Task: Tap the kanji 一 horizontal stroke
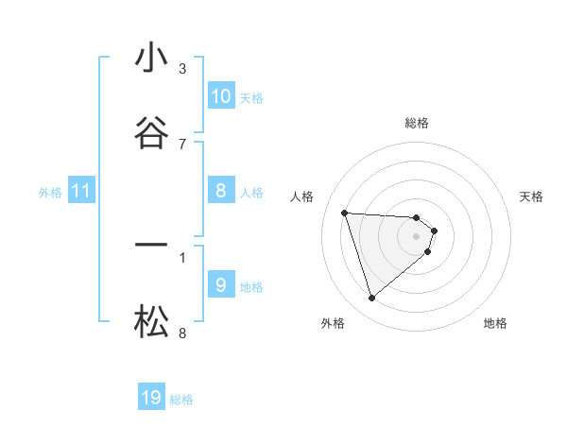(x=151, y=246)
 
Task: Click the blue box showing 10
(x=220, y=96)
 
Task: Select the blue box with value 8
(x=220, y=191)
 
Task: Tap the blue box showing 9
(x=220, y=285)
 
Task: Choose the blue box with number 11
(x=81, y=192)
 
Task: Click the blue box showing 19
(x=151, y=398)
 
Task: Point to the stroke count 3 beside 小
(x=182, y=69)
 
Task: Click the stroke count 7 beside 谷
(x=182, y=144)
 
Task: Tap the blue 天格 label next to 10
(x=251, y=98)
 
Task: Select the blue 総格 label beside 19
(x=181, y=400)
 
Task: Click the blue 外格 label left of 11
(x=50, y=193)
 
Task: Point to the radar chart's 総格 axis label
(x=417, y=123)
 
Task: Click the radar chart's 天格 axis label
(x=532, y=196)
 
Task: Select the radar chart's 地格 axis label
(x=495, y=323)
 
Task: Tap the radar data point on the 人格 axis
(x=345, y=213)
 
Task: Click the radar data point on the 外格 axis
(x=371, y=299)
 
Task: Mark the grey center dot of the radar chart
(x=417, y=236)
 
